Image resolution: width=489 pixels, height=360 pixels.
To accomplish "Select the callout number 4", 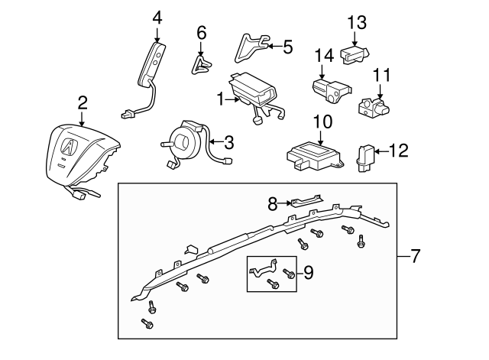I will [157, 16].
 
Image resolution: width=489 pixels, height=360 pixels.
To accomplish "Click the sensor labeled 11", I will [372, 105].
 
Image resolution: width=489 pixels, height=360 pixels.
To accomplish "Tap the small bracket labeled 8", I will [303, 201].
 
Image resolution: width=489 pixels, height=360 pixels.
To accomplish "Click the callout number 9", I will [308, 271].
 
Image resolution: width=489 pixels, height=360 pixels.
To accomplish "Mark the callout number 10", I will [322, 122].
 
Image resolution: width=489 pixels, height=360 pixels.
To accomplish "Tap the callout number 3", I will [228, 141].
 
